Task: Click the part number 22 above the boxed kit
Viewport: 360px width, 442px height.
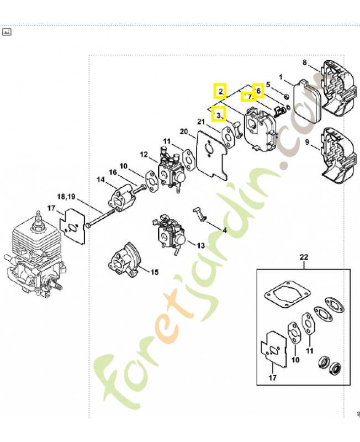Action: [304, 257]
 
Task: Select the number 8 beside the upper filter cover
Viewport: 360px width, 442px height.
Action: [304, 62]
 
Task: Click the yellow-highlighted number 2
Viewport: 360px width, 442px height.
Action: [220, 91]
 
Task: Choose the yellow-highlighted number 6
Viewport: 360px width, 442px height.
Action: [258, 90]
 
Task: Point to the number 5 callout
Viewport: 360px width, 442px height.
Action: [268, 85]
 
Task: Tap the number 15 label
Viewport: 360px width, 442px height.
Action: [155, 272]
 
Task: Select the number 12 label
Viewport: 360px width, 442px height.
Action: [144, 155]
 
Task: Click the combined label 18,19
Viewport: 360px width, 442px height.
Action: [65, 196]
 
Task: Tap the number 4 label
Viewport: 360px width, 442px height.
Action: [225, 229]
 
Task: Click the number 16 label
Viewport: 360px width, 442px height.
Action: [112, 172]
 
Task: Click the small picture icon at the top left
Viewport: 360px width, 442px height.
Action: [7, 31]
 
